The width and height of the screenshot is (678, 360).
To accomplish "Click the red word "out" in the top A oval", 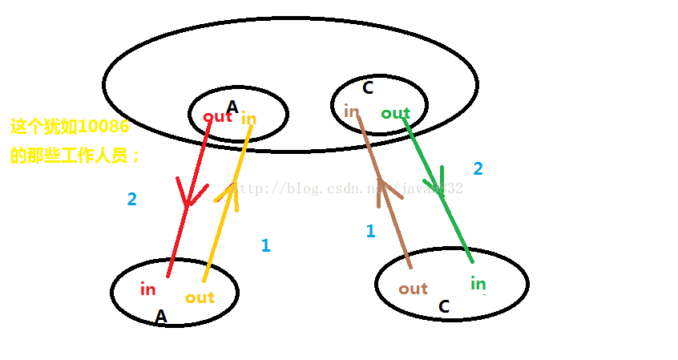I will point(217,116).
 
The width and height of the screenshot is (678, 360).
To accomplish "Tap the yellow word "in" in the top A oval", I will point(249,119).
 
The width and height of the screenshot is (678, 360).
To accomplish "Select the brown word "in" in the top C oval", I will point(351,111).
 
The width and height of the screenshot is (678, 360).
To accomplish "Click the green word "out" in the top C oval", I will point(395,114).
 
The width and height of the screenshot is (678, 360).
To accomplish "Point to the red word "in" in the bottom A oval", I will point(147,289).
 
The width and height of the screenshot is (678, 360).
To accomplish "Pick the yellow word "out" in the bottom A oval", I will point(200,297).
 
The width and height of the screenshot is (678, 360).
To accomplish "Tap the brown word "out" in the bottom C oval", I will point(413,289).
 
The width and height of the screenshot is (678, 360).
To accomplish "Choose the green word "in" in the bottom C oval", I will point(478,283).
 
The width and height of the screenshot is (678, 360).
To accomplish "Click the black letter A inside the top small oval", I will point(232,107).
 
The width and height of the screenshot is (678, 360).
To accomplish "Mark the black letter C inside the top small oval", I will point(368,87).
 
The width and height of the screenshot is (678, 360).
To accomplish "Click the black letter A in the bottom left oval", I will point(160,318).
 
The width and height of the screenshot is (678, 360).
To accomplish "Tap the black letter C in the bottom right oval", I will point(444,306).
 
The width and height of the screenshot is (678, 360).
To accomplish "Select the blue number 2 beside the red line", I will point(131,200).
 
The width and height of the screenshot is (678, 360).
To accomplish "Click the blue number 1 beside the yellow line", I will point(265,246).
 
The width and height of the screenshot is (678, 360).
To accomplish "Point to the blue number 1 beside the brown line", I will point(370,232).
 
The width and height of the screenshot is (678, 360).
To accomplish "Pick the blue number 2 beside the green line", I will point(478,169).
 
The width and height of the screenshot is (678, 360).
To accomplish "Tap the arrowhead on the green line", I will point(440,179).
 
